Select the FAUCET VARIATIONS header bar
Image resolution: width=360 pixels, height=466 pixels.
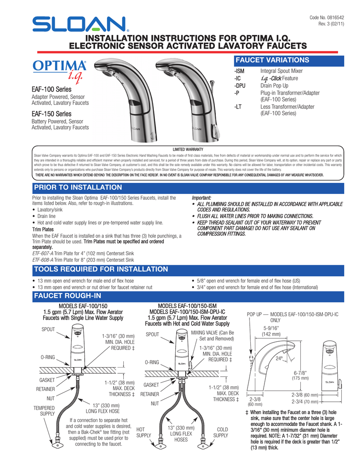click(x=273, y=60)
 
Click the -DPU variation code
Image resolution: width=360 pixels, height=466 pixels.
click(x=239, y=86)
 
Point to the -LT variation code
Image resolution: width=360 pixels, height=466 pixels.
click(x=237, y=107)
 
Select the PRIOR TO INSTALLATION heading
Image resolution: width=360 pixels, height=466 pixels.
click(x=78, y=187)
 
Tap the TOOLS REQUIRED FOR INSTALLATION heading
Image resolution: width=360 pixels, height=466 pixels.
click(x=101, y=269)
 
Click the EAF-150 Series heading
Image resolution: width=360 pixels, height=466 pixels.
click(x=51, y=114)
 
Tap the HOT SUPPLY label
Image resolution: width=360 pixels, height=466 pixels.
click(x=144, y=432)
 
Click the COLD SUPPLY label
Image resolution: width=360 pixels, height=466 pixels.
click(x=222, y=432)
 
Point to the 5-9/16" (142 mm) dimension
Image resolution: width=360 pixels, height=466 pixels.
click(x=272, y=331)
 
